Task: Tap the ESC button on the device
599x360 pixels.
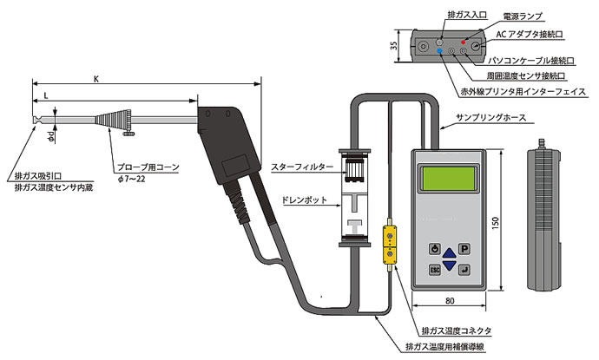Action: (x=435, y=269)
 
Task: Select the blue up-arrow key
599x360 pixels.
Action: (x=450, y=252)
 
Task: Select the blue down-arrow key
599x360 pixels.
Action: (x=450, y=266)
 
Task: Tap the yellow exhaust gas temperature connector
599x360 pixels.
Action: (x=391, y=243)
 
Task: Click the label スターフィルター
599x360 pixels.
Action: (x=299, y=164)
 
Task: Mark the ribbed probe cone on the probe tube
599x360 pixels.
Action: (x=113, y=119)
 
